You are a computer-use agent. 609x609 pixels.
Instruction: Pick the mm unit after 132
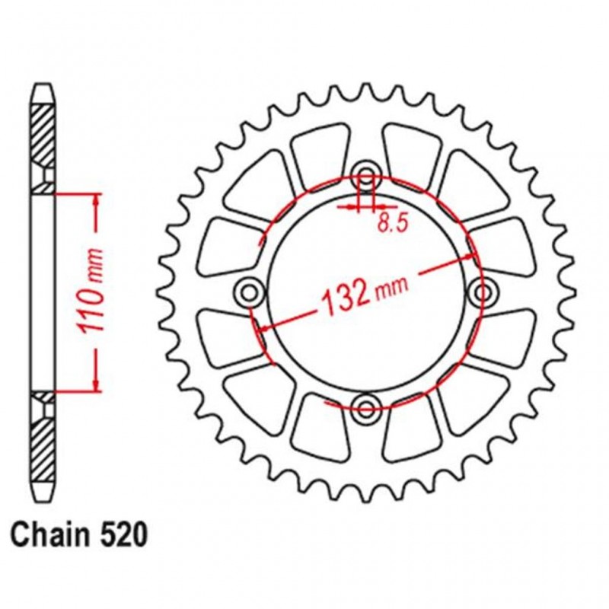click(391, 283)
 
